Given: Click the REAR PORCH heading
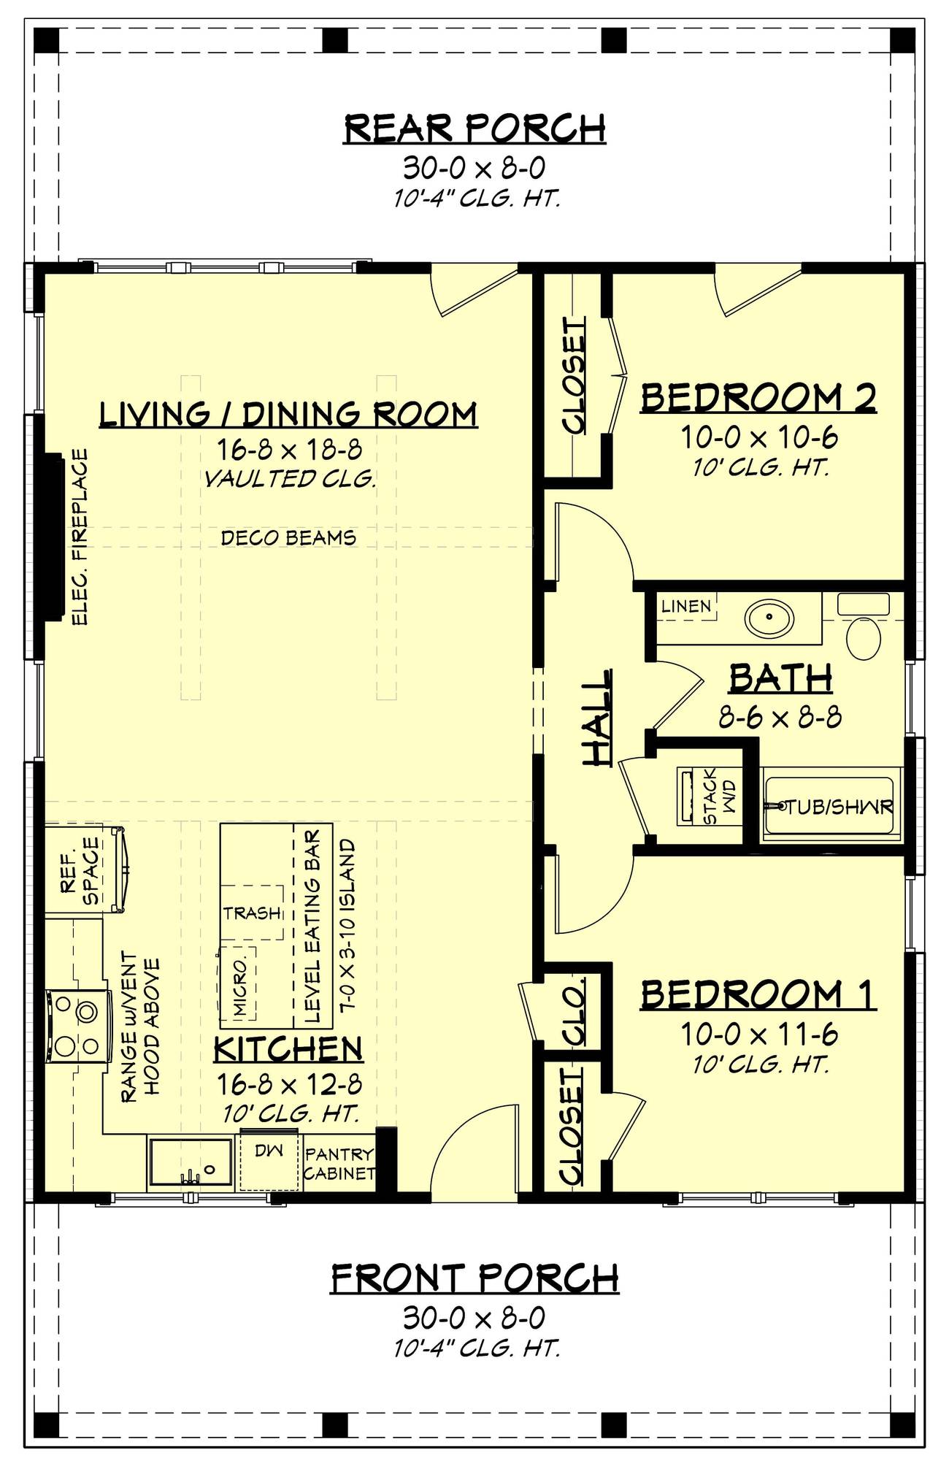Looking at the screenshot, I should pyautogui.click(x=474, y=128).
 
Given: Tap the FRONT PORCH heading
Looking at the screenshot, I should pyautogui.click(x=474, y=1278).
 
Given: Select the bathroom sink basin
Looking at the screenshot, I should pyautogui.click(x=769, y=618).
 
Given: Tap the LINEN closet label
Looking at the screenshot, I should pyautogui.click(x=686, y=606).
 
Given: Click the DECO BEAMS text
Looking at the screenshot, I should pyautogui.click(x=288, y=538).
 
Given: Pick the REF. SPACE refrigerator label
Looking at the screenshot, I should pyautogui.click(x=80, y=870).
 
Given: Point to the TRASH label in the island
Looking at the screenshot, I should pyautogui.click(x=252, y=913).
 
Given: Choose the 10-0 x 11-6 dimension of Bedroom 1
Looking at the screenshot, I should pyautogui.click(x=758, y=1034).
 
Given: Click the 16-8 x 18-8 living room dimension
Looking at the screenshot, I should pyautogui.click(x=288, y=448).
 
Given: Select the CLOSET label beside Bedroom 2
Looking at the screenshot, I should pyautogui.click(x=575, y=376).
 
